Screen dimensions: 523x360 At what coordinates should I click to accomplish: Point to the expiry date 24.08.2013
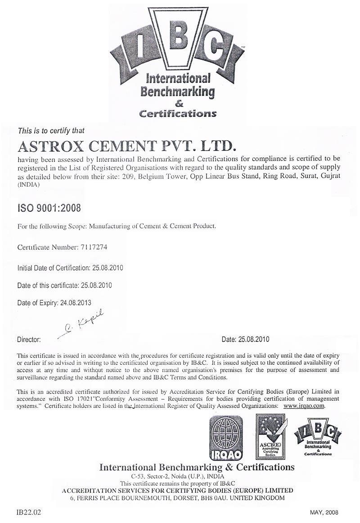click(76, 303)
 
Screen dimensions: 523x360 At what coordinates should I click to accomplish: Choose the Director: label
click(29, 339)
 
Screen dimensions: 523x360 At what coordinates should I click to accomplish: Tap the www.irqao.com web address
click(304, 405)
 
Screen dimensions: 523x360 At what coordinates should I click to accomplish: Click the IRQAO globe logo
click(225, 436)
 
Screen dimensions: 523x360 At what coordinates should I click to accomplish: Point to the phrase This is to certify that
click(51, 131)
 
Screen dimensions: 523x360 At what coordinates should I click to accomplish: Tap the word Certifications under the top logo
click(177, 113)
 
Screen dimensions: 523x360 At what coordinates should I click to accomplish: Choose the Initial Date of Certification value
click(108, 268)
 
